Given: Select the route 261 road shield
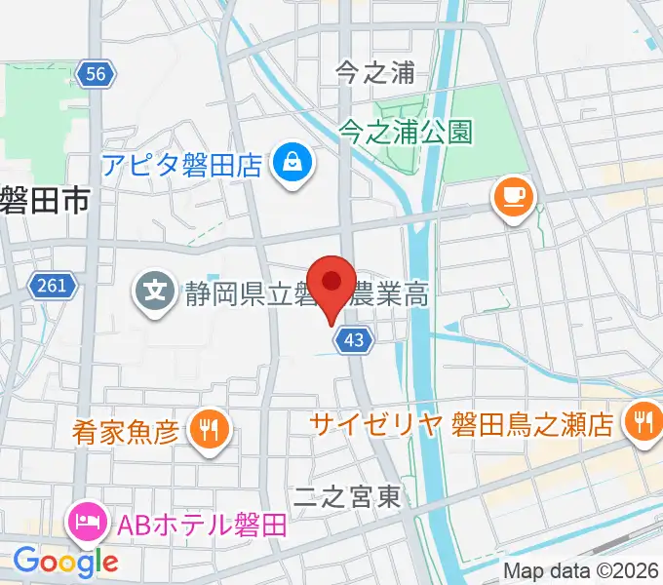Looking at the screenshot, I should point(51,286).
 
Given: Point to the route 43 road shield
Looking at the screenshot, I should point(353,338).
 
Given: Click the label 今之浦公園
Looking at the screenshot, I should point(407,131).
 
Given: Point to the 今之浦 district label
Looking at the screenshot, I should point(375,72).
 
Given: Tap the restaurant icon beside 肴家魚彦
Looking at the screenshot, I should point(207,427).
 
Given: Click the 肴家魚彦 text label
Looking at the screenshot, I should point(126,429).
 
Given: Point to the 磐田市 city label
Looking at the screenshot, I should point(45,201).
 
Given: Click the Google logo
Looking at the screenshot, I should point(65,561).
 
